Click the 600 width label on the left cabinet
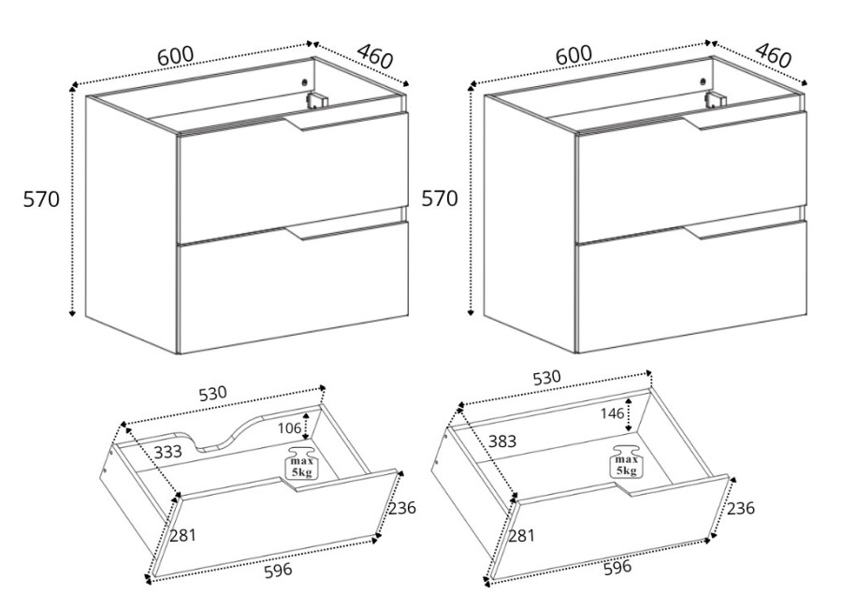175,55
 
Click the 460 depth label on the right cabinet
774,55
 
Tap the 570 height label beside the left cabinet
41,199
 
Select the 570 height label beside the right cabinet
440,198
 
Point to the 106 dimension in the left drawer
289,428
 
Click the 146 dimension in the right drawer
612,413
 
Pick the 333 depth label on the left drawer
168,452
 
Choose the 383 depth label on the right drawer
502,441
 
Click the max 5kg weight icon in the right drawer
626,461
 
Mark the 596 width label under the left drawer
278,570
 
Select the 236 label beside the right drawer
741,508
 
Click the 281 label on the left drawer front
183,535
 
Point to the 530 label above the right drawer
546,378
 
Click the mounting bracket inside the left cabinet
317,100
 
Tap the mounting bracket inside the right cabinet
716,100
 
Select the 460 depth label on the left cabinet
375,56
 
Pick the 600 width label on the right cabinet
573,54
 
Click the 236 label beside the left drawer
402,508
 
